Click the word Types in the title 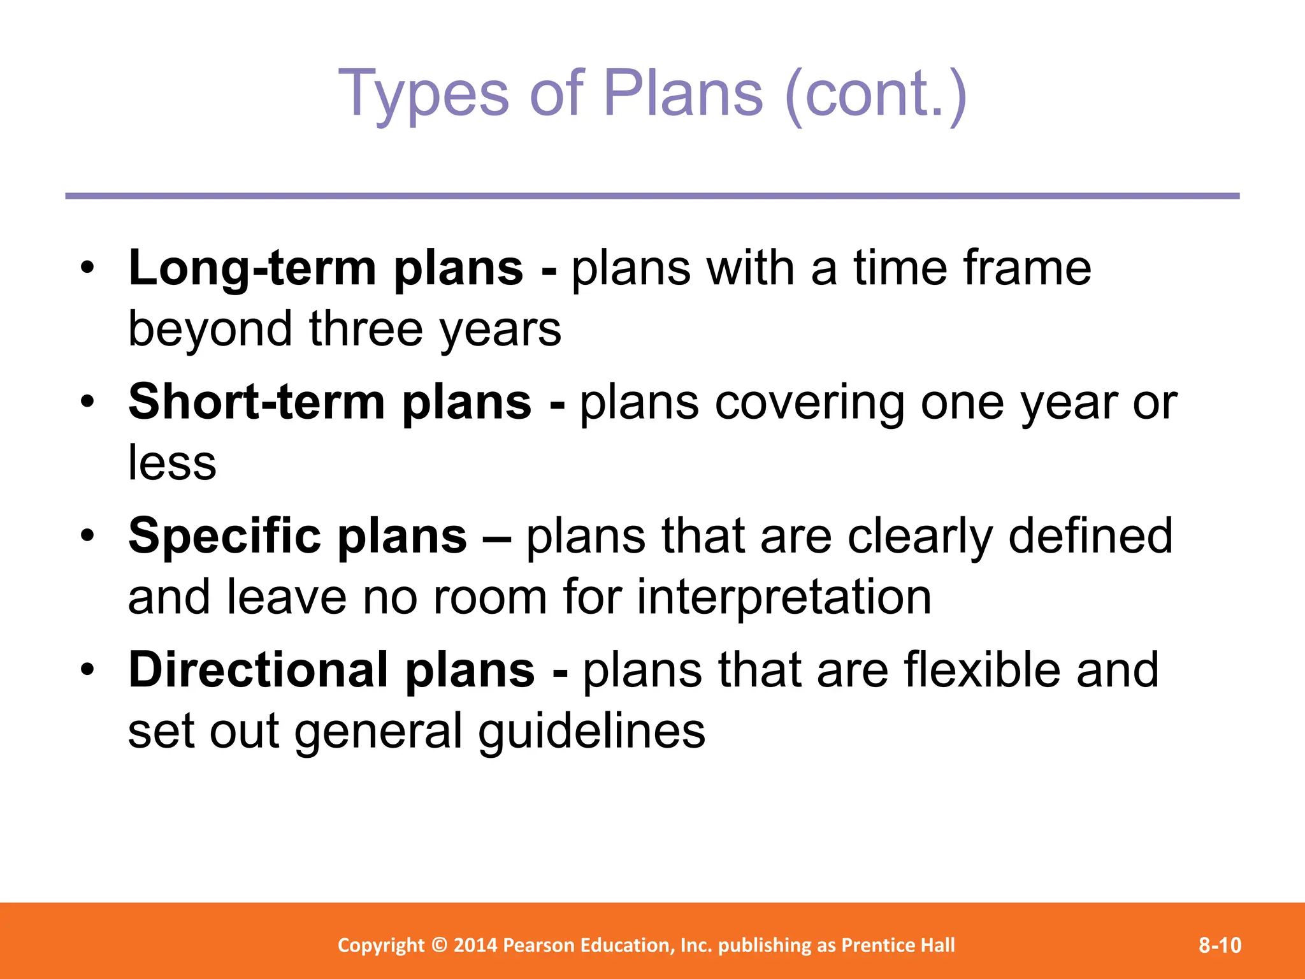tap(424, 94)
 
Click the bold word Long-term tap(252, 268)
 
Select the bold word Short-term tap(256, 402)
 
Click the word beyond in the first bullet tap(210, 330)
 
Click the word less tap(172, 463)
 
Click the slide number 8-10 tap(1220, 945)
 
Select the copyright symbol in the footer tap(439, 945)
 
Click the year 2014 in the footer tap(475, 945)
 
